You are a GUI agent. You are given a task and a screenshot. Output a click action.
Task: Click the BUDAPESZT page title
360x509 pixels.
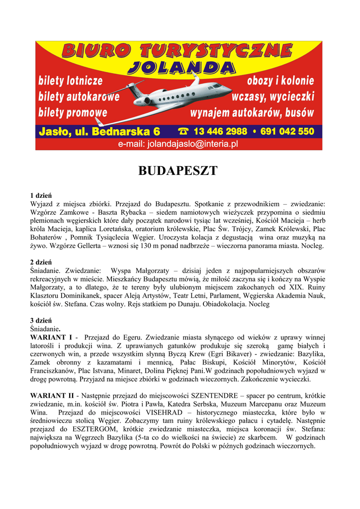tap(178, 171)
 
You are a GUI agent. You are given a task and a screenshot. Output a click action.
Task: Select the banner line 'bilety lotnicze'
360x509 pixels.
tap(71, 81)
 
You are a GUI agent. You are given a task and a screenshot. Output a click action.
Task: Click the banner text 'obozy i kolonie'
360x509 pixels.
tap(280, 81)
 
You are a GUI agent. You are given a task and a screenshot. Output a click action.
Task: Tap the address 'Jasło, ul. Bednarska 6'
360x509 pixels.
tap(99, 132)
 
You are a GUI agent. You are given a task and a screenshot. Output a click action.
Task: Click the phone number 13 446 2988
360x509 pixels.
tap(220, 132)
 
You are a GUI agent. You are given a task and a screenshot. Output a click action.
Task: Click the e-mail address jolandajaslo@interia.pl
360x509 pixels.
tap(178, 144)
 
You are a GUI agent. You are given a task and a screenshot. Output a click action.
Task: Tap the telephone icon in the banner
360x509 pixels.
tap(183, 132)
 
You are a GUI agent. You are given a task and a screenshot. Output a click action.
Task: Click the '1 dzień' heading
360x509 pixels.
tap(41, 195)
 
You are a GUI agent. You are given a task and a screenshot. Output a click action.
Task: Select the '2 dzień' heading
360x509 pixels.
tap(41, 262)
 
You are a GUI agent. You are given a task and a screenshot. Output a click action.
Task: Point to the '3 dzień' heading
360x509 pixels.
tap(41, 320)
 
